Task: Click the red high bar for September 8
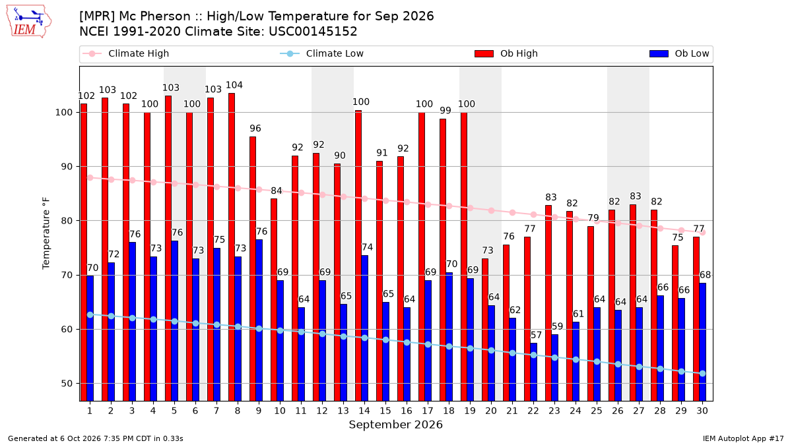pos(232,247)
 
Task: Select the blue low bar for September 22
pos(533,372)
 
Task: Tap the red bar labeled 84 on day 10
pos(274,300)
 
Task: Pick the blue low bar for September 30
pos(702,342)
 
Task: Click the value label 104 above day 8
pos(234,85)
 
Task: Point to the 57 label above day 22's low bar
pos(536,335)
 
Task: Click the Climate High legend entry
pos(125,53)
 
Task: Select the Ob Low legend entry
pos(679,53)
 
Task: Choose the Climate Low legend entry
pos(322,53)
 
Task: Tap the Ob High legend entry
pos(506,53)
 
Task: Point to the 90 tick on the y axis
pos(67,167)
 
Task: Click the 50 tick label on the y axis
pos(67,384)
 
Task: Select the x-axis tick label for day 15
pos(385,411)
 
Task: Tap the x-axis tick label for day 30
pos(702,411)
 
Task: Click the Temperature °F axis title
pos(46,233)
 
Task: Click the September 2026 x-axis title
pos(395,425)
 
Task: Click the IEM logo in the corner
pos(29,22)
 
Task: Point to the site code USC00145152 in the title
pos(313,32)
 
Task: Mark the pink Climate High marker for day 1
pos(90,178)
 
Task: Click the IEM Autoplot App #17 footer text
pos(743,438)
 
